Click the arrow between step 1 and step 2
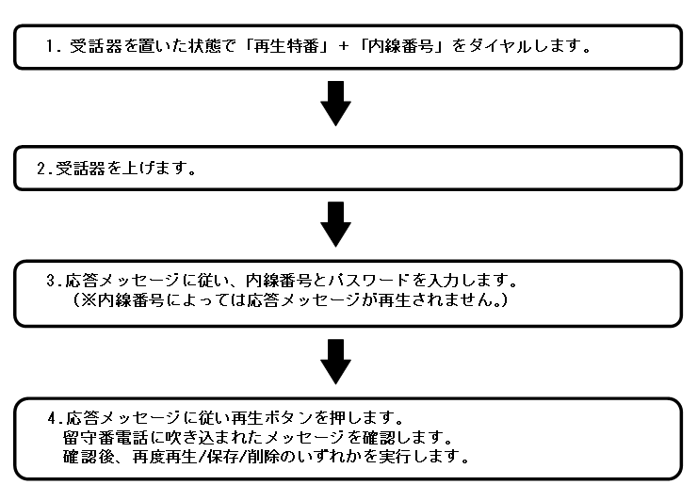click(336, 103)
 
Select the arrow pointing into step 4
click(336, 361)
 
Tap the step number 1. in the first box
click(53, 46)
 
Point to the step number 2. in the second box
click(42, 170)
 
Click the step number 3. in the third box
click(53, 281)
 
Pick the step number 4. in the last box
click(53, 415)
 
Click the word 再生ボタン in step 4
click(262, 415)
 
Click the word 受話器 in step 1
click(91, 46)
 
